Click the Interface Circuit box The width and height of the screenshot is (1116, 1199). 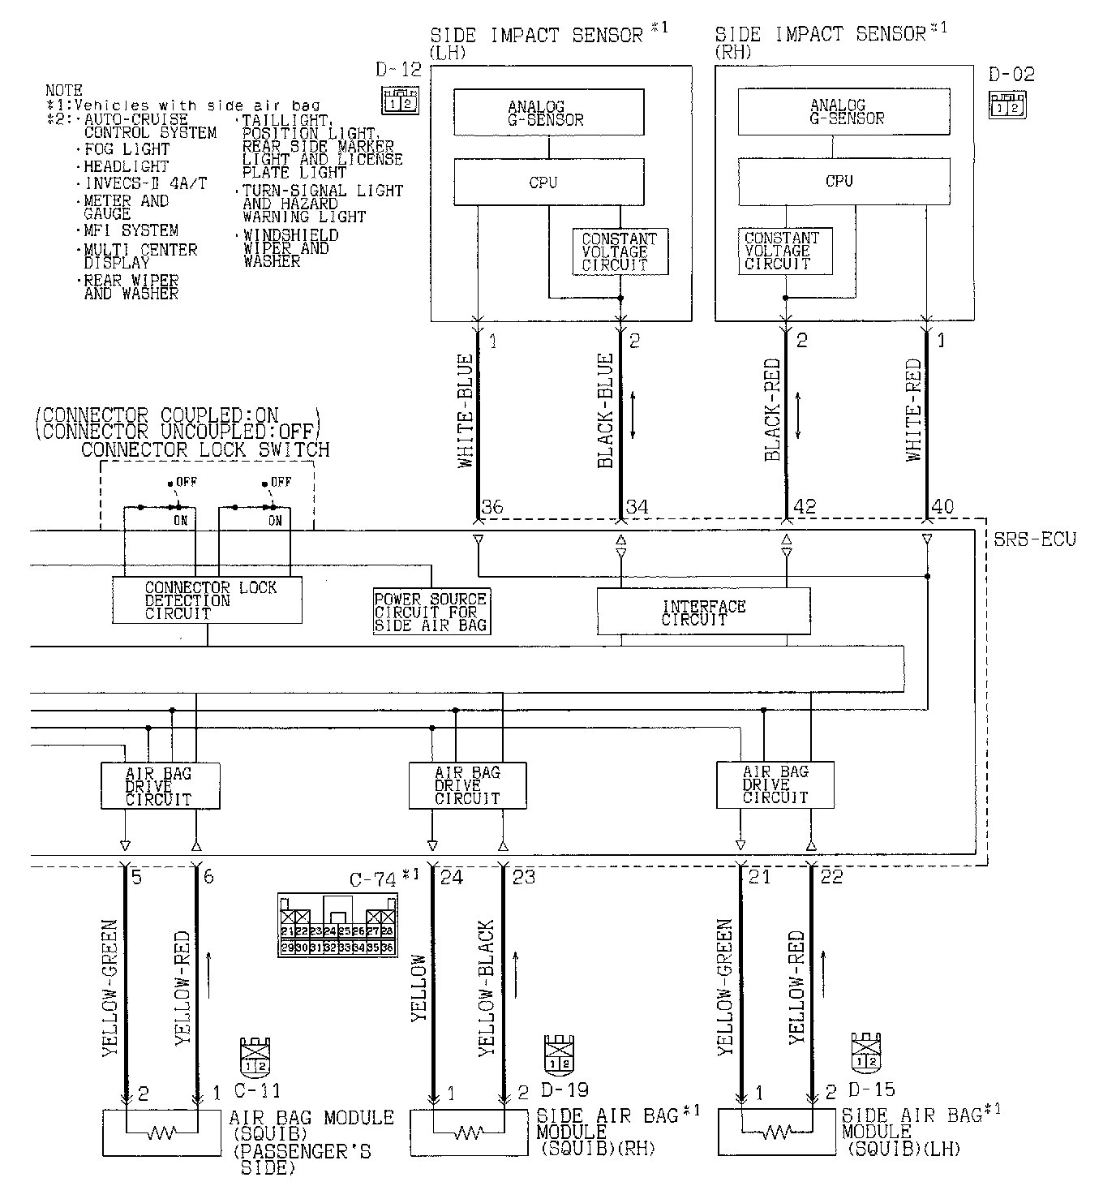703,611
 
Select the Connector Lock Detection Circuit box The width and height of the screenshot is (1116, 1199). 207,600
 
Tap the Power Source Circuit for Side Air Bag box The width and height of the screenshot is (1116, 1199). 431,612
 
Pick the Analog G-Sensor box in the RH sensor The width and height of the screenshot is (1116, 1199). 843,111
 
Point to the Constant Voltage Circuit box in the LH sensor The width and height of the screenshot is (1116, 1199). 620,251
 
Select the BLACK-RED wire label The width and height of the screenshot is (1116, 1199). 772,410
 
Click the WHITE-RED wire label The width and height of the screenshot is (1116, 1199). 914,410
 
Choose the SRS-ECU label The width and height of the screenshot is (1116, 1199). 1034,539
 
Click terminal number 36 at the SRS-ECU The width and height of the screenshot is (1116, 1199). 492,508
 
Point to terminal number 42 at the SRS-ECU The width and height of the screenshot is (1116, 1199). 804,508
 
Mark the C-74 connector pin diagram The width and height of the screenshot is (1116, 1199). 336,925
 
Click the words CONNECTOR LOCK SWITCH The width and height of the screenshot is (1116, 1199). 205,450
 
